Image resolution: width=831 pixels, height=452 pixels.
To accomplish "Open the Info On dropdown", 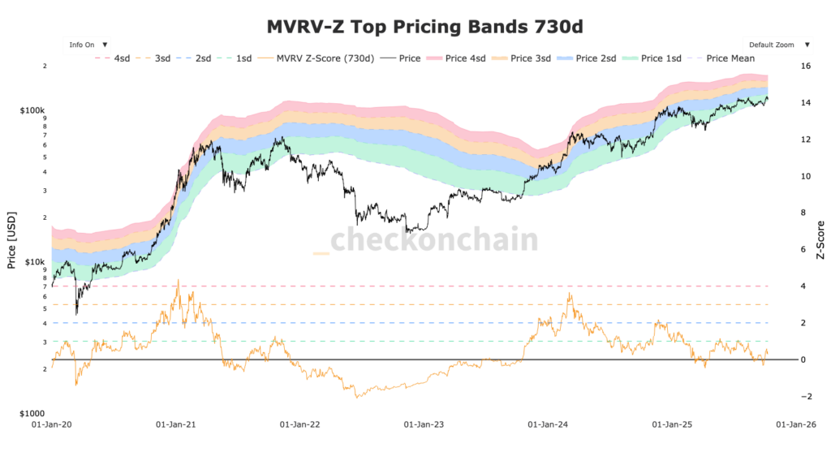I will pyautogui.click(x=88, y=45).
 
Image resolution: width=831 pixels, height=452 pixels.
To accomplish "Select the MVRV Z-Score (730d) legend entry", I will pyautogui.click(x=321, y=58).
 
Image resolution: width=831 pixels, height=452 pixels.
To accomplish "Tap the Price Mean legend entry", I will pyautogui.click(x=730, y=58).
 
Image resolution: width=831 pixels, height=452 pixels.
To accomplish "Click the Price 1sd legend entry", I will pyautogui.click(x=662, y=58).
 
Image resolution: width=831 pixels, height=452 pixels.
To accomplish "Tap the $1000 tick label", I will pyautogui.click(x=33, y=413).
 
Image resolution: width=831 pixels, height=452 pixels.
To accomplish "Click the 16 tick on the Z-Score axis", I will pyautogui.click(x=806, y=67).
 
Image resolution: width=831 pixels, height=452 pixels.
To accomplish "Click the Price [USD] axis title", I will pyautogui.click(x=11, y=240).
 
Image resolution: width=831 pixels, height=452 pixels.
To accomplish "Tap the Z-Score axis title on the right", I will pyautogui.click(x=820, y=240).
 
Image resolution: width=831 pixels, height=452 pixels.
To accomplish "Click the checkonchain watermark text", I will pyautogui.click(x=434, y=241).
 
